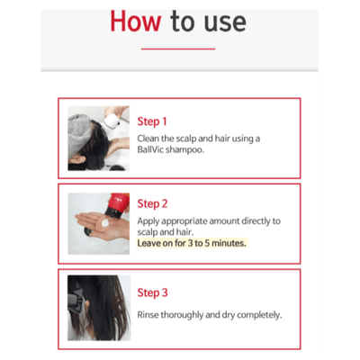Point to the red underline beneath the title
(x=179, y=49)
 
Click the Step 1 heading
(x=152, y=121)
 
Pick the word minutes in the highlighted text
(x=226, y=243)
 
